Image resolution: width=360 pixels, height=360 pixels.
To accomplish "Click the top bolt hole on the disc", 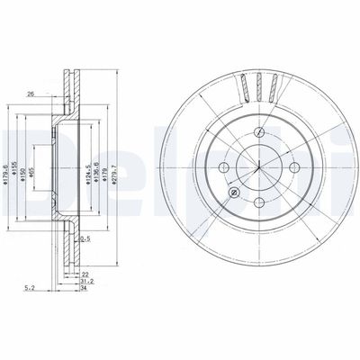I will coord(256,130).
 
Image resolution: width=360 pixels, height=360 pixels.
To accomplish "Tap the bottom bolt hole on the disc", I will coord(256,202).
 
